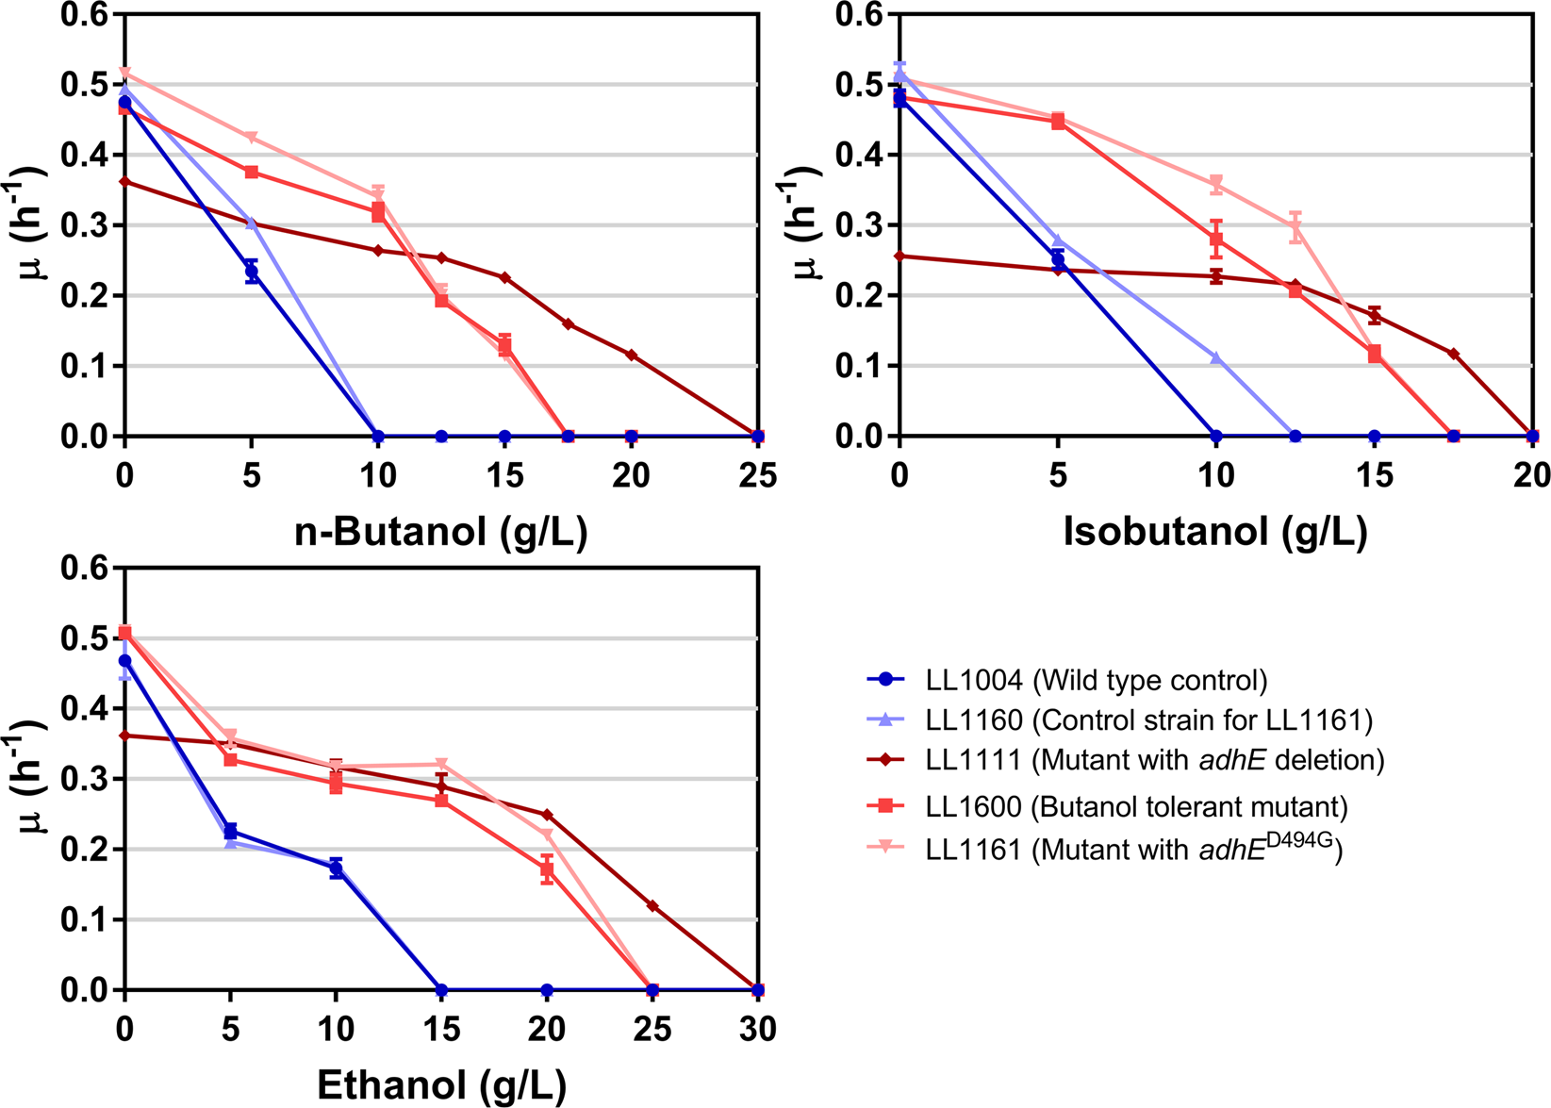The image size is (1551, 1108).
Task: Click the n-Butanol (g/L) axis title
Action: pyautogui.click(x=440, y=533)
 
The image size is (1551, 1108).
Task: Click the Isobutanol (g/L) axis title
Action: pyautogui.click(x=1215, y=533)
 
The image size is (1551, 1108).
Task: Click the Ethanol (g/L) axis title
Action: pyautogui.click(x=441, y=1086)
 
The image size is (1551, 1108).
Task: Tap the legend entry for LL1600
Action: pyautogui.click(x=1136, y=807)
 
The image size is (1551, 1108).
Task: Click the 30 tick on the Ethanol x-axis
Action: pyautogui.click(x=757, y=1029)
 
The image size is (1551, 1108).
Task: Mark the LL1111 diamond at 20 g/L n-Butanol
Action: pyautogui.click(x=632, y=356)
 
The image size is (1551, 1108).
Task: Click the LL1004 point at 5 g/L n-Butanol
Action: pyautogui.click(x=251, y=272)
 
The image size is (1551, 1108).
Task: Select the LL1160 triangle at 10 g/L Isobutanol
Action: pyautogui.click(x=1216, y=358)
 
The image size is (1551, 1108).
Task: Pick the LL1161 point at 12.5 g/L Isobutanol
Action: pyautogui.click(x=1295, y=226)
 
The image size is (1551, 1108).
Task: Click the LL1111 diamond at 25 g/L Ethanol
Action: pyautogui.click(x=652, y=906)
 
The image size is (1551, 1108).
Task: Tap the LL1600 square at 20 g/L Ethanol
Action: pyautogui.click(x=547, y=869)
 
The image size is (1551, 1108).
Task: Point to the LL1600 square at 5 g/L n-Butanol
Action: pyautogui.click(x=251, y=173)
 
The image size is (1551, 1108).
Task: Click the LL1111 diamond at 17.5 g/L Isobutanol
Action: pyautogui.click(x=1453, y=354)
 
